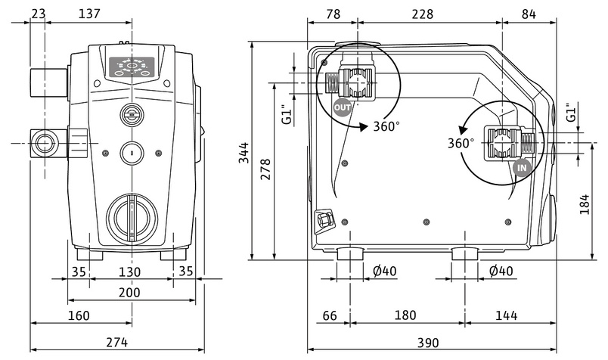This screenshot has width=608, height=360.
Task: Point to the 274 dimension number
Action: (116, 342)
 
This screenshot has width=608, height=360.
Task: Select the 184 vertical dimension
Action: (585, 203)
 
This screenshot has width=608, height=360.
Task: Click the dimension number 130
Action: (129, 271)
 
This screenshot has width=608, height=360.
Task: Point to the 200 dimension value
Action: (129, 291)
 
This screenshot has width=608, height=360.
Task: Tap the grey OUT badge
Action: (342, 107)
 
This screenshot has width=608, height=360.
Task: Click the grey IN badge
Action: (521, 167)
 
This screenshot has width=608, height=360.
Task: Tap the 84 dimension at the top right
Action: (529, 13)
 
